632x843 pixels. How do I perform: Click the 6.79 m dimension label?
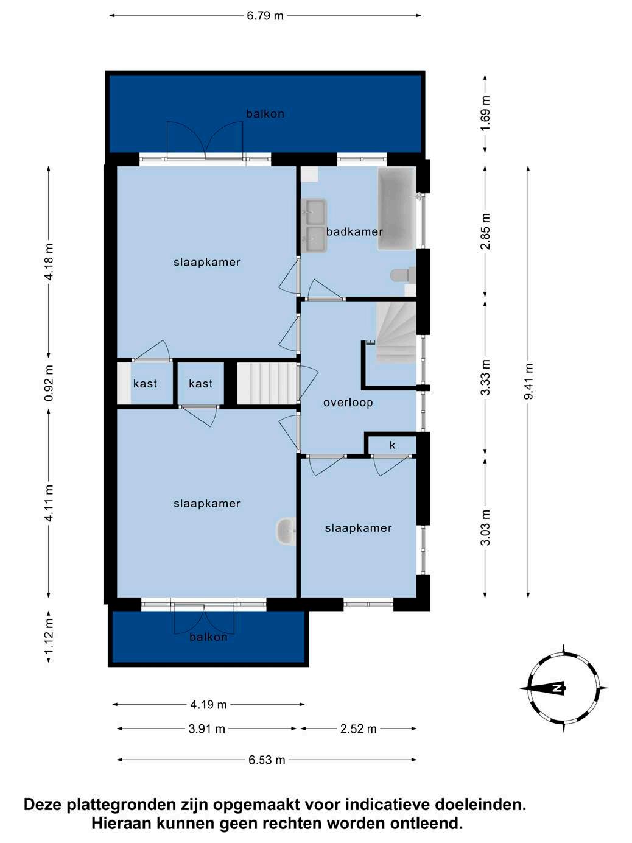(x=265, y=16)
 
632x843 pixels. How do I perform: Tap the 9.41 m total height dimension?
(x=528, y=381)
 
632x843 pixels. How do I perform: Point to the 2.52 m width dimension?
(x=359, y=728)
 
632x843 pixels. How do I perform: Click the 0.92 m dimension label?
(x=49, y=383)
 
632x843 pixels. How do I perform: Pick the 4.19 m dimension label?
(x=208, y=704)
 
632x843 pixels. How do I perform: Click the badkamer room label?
(x=354, y=231)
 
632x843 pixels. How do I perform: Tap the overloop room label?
(x=348, y=403)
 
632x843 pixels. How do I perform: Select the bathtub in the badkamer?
(x=397, y=209)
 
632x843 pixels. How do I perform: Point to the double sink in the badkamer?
(x=314, y=226)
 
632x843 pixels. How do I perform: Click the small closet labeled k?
(x=392, y=445)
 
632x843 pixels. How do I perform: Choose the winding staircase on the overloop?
(x=396, y=333)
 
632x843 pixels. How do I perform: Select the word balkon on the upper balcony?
(x=265, y=114)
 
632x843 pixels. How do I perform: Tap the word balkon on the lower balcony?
(x=208, y=637)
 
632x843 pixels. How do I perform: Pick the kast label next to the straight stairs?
(x=201, y=383)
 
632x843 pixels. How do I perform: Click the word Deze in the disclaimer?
(x=43, y=794)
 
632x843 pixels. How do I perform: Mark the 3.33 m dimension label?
(x=485, y=377)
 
